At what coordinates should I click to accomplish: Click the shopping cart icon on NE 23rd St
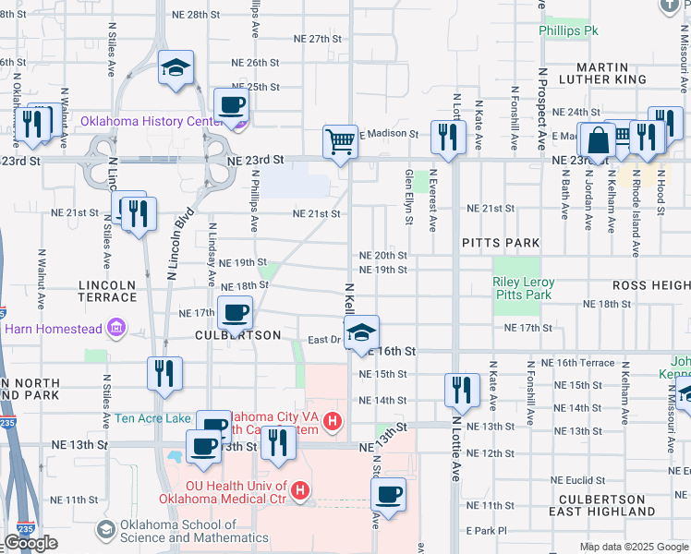coord(340,142)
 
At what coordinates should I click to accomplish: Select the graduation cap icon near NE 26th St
coord(176,67)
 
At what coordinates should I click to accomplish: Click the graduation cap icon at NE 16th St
coord(361,333)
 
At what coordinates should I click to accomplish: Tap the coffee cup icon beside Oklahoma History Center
coord(231,105)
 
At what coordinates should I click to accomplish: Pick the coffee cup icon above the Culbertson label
coord(235,312)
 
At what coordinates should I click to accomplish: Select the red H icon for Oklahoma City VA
coord(333,424)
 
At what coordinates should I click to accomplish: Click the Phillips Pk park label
coord(569,30)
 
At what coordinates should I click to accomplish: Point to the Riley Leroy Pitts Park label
coord(524,288)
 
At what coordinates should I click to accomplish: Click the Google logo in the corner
coord(30,543)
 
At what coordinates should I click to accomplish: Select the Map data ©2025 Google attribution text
coord(633,547)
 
